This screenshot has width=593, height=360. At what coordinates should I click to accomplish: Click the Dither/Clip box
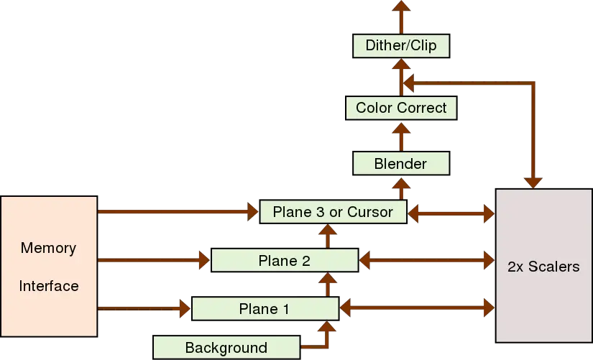[401, 47]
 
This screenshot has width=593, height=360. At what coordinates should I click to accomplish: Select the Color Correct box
[401, 108]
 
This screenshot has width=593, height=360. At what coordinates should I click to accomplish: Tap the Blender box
[400, 164]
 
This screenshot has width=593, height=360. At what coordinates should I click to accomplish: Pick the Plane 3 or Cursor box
[334, 211]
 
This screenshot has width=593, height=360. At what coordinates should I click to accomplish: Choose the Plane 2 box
[284, 260]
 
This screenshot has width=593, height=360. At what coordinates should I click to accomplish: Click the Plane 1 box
[264, 309]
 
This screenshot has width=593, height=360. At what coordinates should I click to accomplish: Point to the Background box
[226, 348]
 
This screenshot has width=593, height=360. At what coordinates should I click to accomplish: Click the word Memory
[48, 248]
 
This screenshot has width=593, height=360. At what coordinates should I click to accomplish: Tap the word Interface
[48, 286]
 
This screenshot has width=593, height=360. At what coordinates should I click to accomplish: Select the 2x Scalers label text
[543, 267]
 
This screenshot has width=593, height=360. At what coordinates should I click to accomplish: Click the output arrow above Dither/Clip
[401, 14]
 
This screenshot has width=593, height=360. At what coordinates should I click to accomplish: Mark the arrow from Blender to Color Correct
[401, 136]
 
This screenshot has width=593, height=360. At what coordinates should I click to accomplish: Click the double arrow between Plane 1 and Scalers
[417, 309]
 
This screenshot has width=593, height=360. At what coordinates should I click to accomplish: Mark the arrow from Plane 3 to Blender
[401, 188]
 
